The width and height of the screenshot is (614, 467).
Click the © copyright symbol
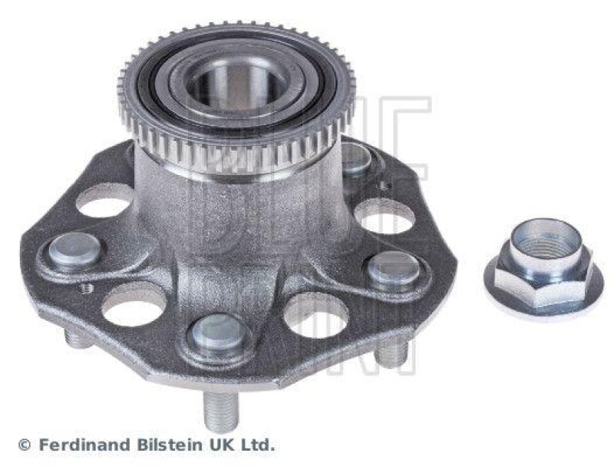(x=24, y=445)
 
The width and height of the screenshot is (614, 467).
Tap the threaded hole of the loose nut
(x=546, y=243)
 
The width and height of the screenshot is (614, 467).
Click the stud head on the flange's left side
(x=74, y=251)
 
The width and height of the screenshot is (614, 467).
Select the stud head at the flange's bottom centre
(x=216, y=334)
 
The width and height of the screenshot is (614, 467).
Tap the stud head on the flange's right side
(x=393, y=268)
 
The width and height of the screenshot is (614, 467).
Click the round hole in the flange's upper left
(x=104, y=203)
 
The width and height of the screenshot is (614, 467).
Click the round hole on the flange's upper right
(x=384, y=216)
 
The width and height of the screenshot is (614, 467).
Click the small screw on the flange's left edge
(x=87, y=288)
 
